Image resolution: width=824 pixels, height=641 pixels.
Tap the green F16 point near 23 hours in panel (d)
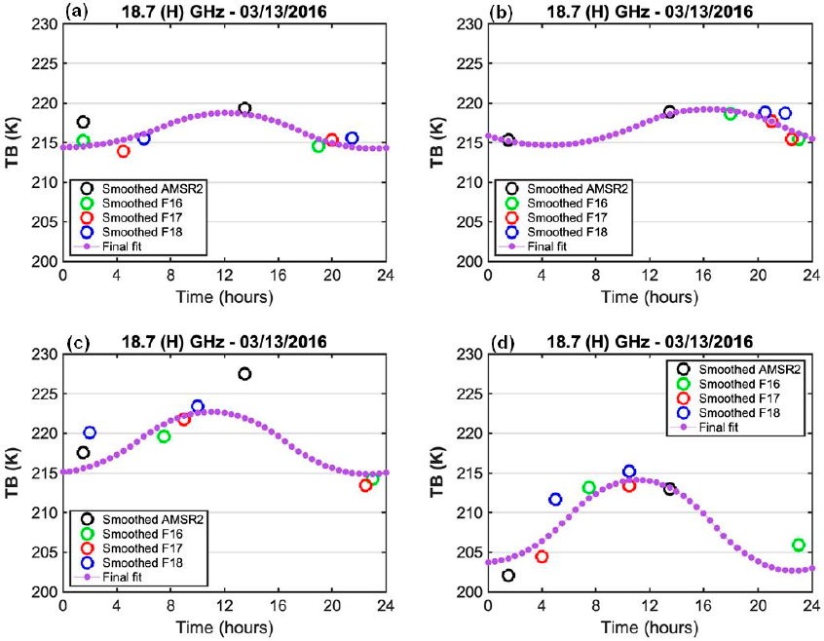(x=799, y=546)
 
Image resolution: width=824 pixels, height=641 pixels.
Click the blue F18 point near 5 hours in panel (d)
(x=555, y=500)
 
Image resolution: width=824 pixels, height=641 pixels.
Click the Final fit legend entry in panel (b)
(x=561, y=246)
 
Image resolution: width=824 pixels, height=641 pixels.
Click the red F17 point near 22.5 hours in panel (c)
(x=365, y=485)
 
